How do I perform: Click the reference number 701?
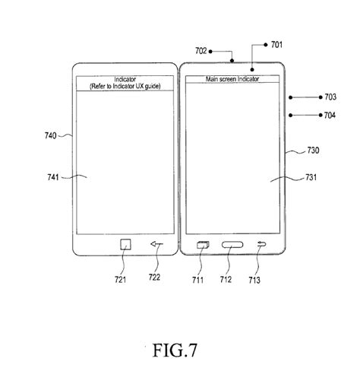274,45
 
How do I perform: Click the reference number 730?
302,151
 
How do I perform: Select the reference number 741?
53,177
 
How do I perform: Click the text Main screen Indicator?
232,79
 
